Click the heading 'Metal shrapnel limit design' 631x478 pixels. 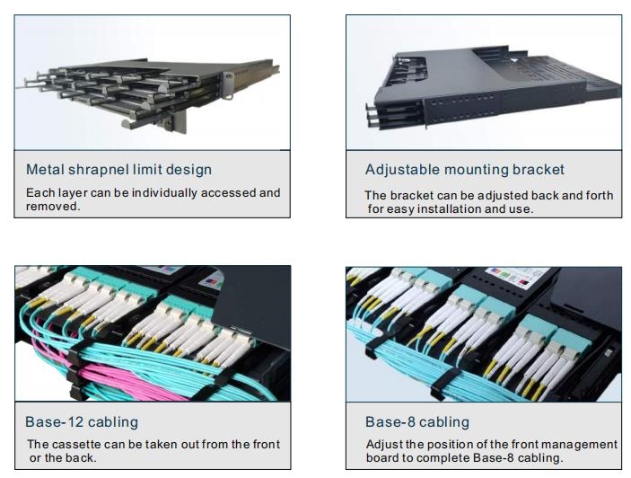coord(118,169)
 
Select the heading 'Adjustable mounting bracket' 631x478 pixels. coord(464,169)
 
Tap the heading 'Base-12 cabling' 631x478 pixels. coord(83,421)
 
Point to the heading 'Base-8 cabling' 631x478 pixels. coord(416,421)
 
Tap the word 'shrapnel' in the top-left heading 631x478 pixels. coord(96,169)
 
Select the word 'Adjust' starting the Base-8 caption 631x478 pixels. coord(383,444)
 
